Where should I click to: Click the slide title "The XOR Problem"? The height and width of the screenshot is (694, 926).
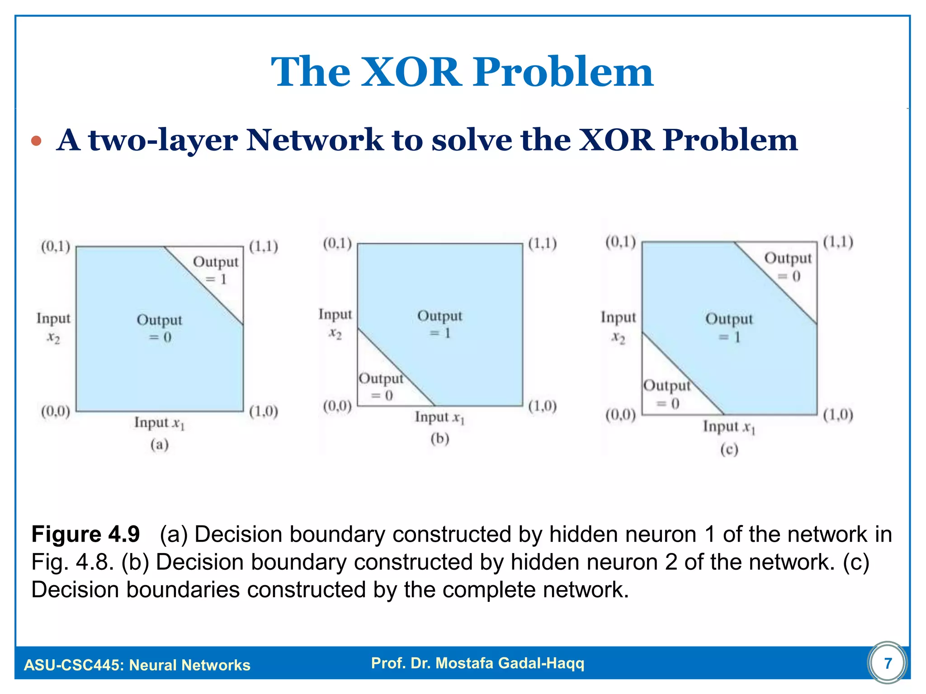pos(462,72)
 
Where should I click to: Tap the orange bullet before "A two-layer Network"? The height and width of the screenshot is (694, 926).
pos(37,141)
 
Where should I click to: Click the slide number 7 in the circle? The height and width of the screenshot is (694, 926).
pos(888,663)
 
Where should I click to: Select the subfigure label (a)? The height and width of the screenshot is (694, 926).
pos(159,445)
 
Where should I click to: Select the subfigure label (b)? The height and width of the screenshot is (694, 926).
pos(439,439)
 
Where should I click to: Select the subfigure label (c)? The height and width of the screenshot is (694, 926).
pos(729,450)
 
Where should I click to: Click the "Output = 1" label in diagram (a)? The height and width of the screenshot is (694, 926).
pos(216,270)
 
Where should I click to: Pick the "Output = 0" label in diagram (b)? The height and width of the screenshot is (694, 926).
pos(381,387)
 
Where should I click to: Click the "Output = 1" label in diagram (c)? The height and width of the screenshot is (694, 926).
pos(729,328)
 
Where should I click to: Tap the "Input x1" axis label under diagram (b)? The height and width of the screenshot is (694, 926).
pos(439,417)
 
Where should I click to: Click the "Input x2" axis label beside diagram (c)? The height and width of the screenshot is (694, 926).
pos(618,327)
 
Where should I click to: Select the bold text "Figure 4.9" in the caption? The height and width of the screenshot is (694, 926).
pos(85,535)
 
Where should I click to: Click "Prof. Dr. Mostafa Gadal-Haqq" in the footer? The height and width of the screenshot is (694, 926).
pos(477,663)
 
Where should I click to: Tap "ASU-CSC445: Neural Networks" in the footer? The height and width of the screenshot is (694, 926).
pos(137,665)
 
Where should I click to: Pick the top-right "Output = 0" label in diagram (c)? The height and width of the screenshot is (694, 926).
pos(788,267)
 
